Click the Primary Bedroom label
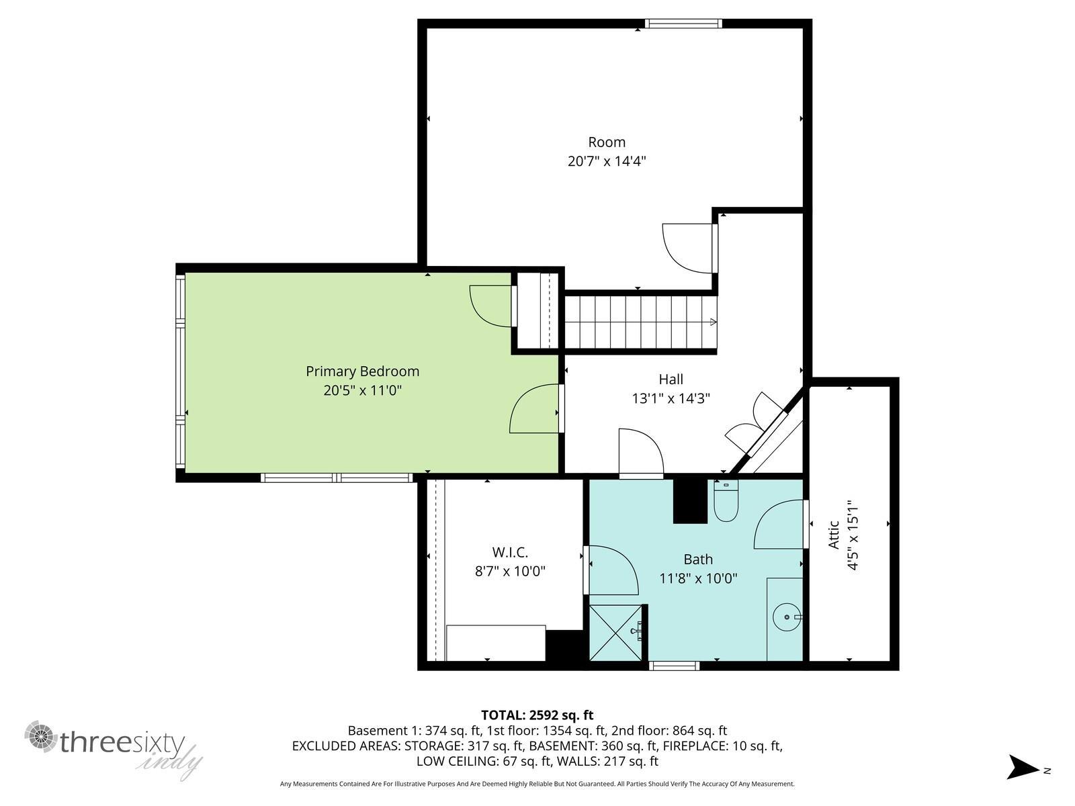point(362,371)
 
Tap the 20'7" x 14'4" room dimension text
point(607,161)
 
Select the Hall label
point(671,379)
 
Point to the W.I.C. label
point(510,553)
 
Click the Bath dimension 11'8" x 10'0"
point(698,578)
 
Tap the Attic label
point(834,535)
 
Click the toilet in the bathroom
point(726,500)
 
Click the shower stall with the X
point(615,632)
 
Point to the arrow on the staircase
point(713,322)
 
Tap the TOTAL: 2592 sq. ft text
point(537,715)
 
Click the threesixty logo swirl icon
point(41,736)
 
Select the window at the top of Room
point(683,24)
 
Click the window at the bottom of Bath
point(675,666)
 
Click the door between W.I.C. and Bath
point(612,570)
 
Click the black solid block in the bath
point(691,501)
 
